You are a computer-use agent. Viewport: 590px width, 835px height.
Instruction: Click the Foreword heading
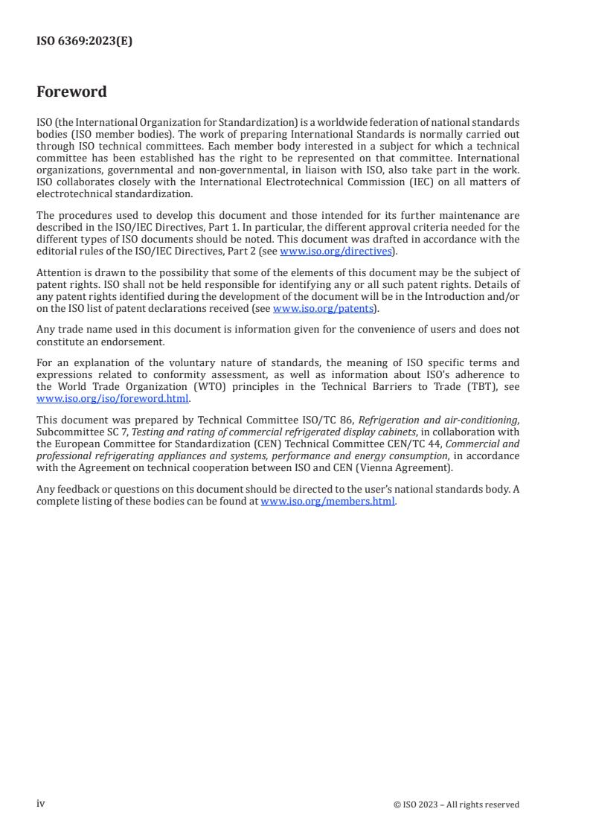[x=71, y=92]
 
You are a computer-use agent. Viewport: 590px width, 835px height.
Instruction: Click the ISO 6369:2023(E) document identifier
[x=84, y=42]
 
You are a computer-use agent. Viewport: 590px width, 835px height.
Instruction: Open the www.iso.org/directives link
[x=336, y=251]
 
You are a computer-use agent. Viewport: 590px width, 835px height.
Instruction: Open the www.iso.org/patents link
[x=323, y=308]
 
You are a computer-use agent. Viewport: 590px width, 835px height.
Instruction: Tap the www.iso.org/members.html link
[x=327, y=501]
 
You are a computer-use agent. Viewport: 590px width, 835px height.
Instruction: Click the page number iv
[x=41, y=803]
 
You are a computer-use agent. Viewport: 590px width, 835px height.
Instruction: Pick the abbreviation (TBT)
[x=449, y=387]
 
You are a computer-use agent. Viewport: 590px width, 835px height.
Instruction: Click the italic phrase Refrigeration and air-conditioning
[x=437, y=420]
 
